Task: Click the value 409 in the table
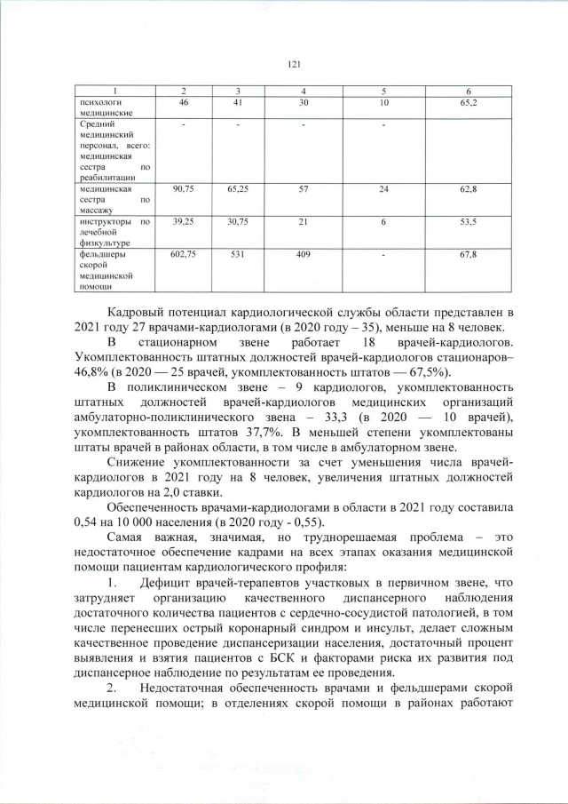coord(304,255)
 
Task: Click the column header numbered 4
coord(304,92)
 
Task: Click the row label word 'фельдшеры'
coord(100,255)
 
